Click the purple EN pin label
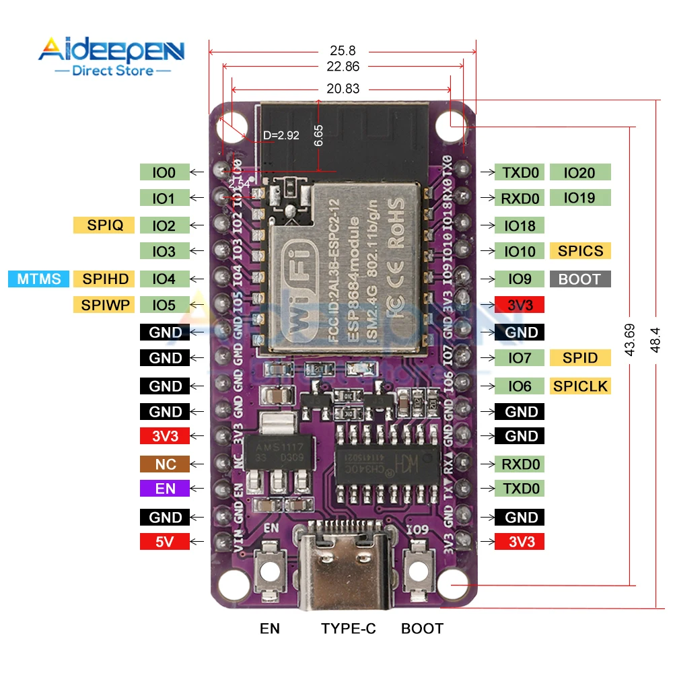pyautogui.click(x=165, y=489)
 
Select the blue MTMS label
pyautogui.click(x=39, y=279)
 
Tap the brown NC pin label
pyautogui.click(x=165, y=464)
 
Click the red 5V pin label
pyautogui.click(x=165, y=541)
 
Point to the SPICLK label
pyautogui.click(x=580, y=386)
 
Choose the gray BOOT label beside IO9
pyautogui.click(x=580, y=279)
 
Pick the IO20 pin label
pyautogui.click(x=580, y=172)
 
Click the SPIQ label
pyautogui.click(x=104, y=225)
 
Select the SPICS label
pyautogui.click(x=580, y=251)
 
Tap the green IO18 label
pyautogui.click(x=520, y=225)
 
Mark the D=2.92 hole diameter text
pyautogui.click(x=281, y=135)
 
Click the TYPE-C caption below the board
pyautogui.click(x=348, y=629)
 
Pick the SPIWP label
pyautogui.click(x=104, y=305)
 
